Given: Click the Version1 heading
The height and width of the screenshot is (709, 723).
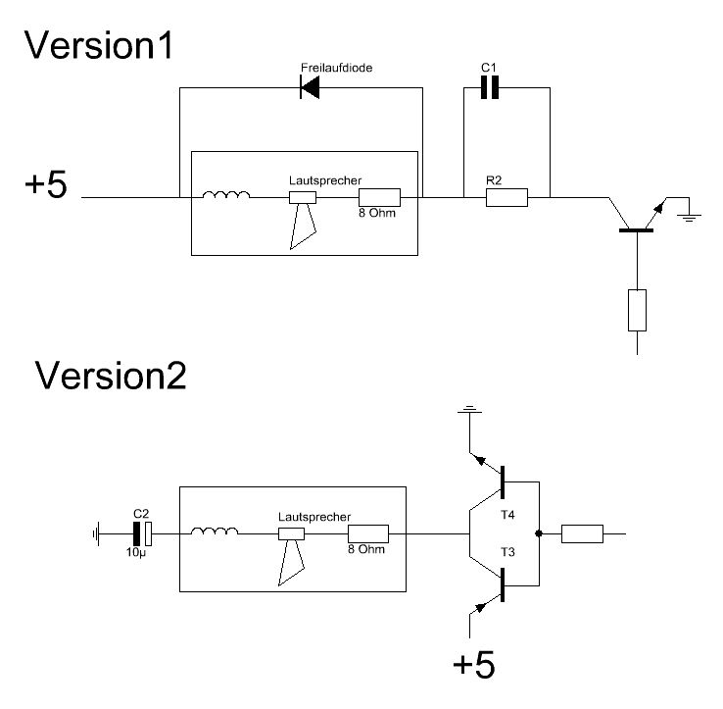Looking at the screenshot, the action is click(x=99, y=45).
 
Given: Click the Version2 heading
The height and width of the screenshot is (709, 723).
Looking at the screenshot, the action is click(x=111, y=376).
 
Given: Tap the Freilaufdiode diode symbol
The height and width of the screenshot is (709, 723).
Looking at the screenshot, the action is click(x=310, y=87).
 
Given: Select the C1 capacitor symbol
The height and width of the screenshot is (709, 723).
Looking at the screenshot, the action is click(x=490, y=87).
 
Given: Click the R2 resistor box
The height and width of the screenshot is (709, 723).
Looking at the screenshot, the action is click(x=506, y=197).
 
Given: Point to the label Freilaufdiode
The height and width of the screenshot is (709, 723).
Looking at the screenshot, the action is click(x=336, y=68).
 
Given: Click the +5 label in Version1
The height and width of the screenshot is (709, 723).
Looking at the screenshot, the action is click(x=46, y=184).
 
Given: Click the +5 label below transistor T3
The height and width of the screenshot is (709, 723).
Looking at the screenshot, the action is click(x=474, y=665).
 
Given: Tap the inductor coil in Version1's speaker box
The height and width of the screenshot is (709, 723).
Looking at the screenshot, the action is click(x=226, y=195).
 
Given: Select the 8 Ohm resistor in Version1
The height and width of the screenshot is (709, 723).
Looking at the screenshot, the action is click(x=379, y=197).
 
